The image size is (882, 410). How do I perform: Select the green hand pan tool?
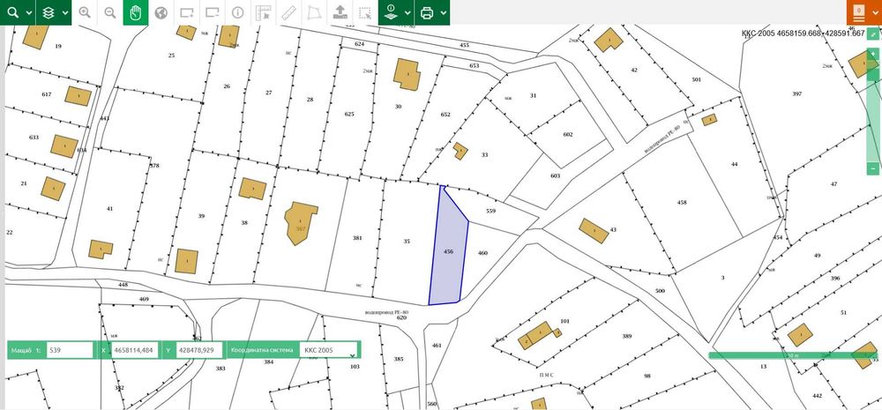click(135, 12)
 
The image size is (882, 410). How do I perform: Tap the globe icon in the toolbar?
click(161, 13)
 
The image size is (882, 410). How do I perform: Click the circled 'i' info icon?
click(238, 13)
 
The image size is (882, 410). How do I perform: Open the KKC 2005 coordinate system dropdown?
click(328, 350)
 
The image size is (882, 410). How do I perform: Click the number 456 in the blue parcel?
click(448, 251)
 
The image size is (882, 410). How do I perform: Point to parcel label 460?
click(482, 253)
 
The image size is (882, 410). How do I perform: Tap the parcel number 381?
click(357, 238)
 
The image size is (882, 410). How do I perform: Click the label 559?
click(491, 211)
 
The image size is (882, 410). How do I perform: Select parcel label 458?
click(681, 203)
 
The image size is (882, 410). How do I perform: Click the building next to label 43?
click(593, 230)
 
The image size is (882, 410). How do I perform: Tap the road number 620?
click(401, 317)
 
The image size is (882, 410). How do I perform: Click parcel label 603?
click(555, 176)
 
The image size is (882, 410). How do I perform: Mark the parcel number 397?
click(796, 93)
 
